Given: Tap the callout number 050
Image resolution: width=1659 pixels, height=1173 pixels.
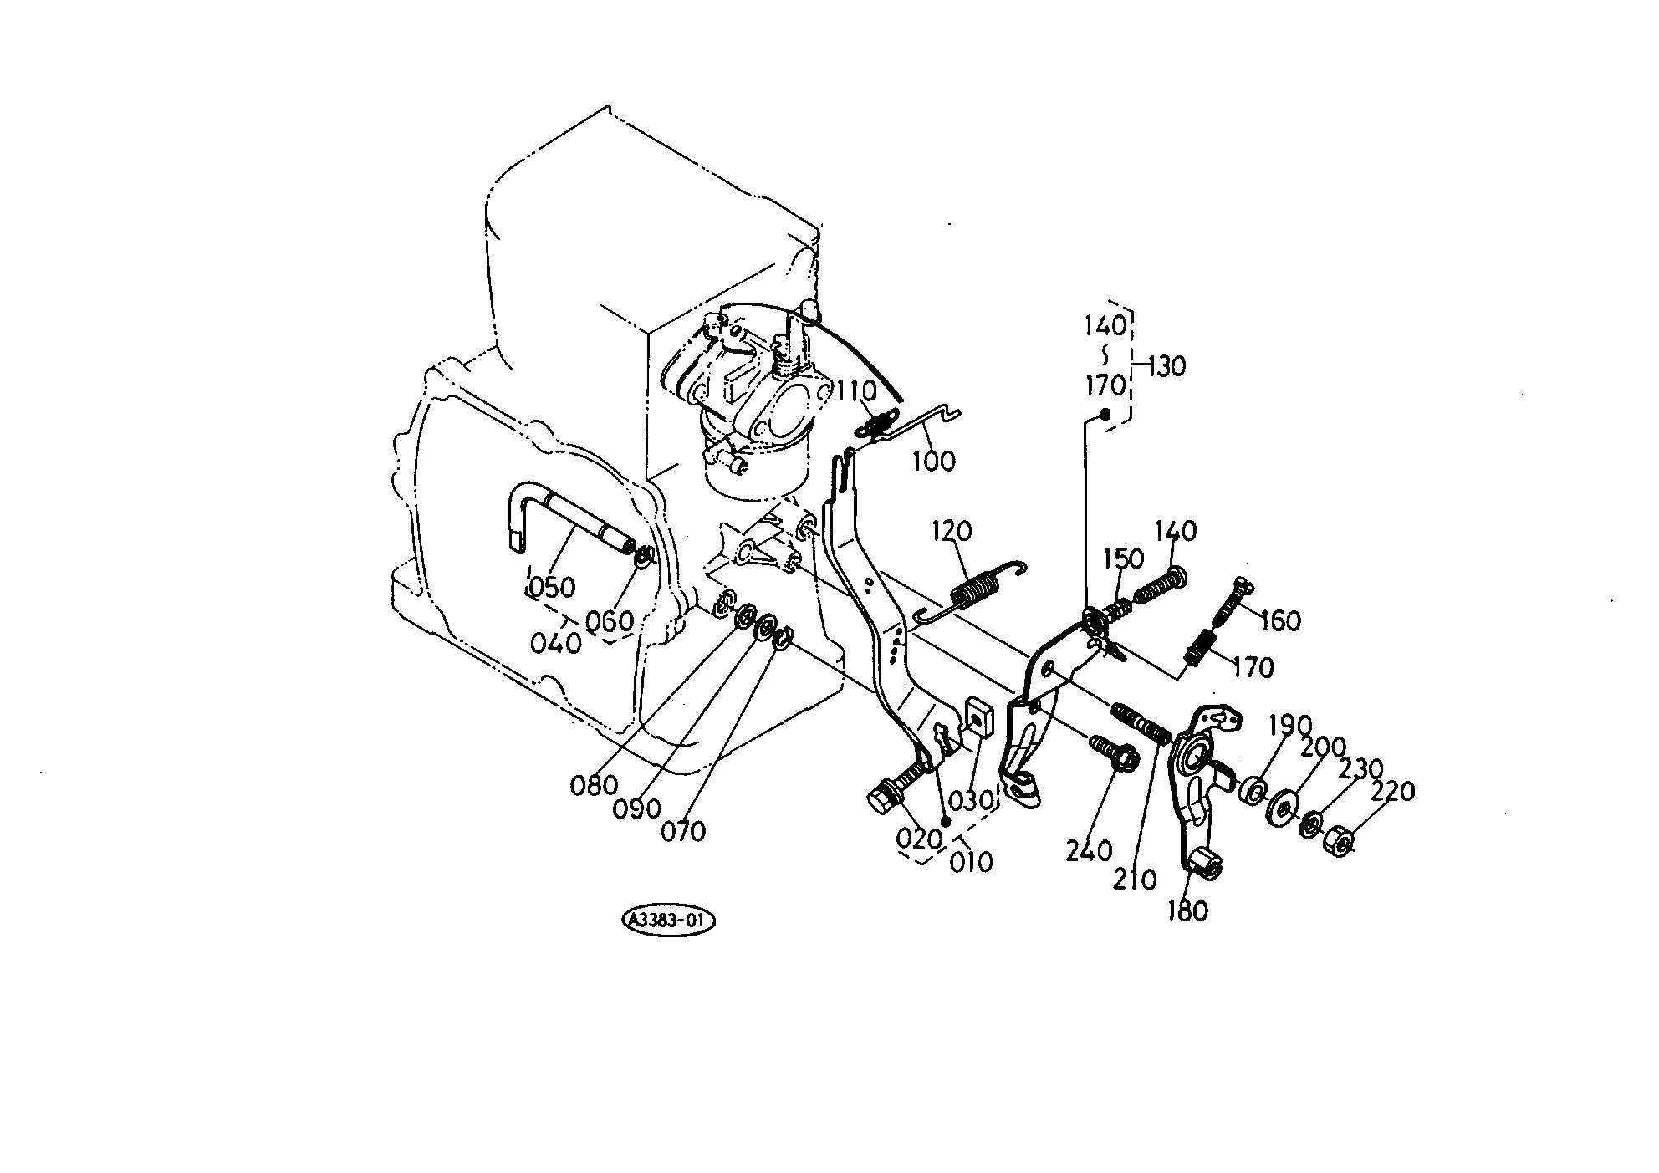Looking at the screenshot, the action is click(x=553, y=587).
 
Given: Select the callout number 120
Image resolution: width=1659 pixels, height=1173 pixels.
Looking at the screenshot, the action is click(x=952, y=531).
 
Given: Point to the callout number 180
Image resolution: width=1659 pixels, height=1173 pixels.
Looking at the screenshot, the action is click(x=1188, y=910).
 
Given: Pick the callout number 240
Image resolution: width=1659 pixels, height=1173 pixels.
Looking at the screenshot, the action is click(x=1089, y=851).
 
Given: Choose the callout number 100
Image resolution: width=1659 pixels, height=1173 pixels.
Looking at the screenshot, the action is click(x=933, y=460).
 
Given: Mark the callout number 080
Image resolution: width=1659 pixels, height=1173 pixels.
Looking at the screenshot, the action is click(x=595, y=785).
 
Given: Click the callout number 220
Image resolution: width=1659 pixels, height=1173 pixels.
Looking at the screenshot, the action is click(x=1391, y=791).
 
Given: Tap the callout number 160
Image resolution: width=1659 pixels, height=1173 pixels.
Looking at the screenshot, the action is click(x=1280, y=620).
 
